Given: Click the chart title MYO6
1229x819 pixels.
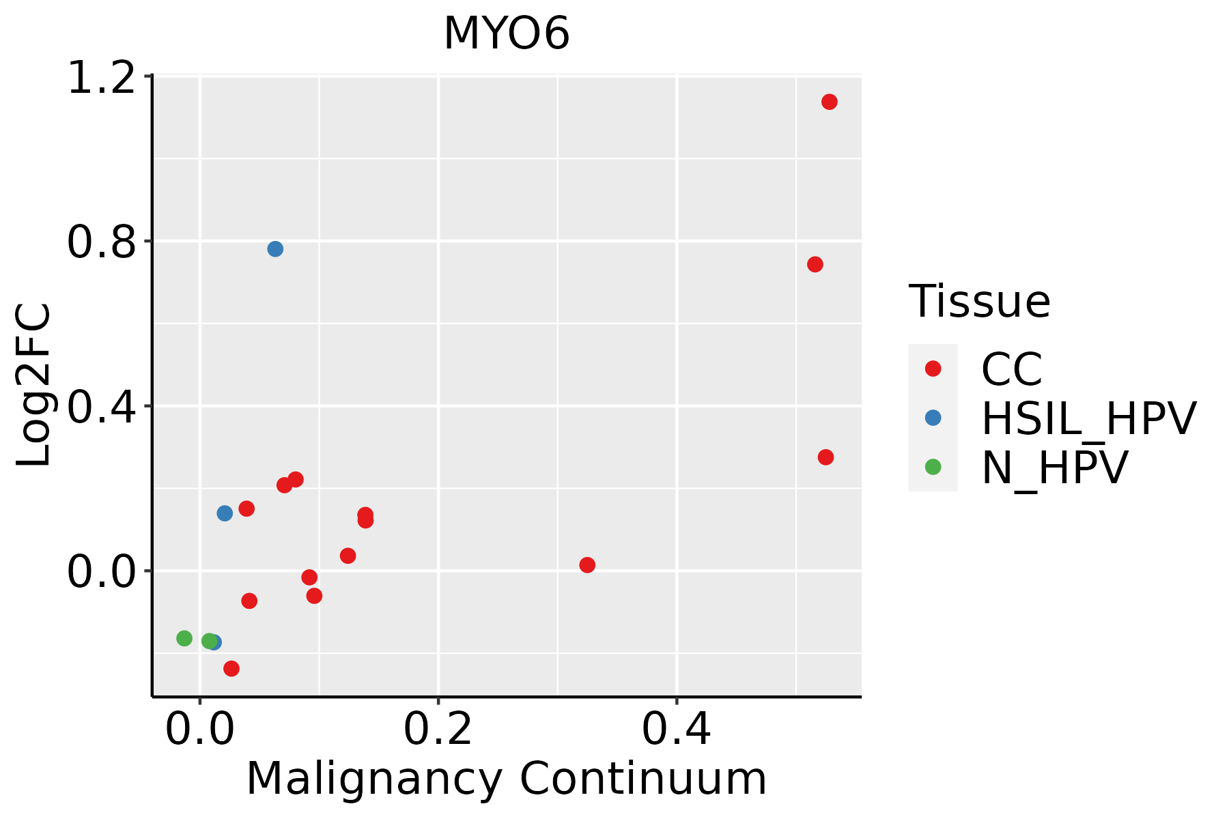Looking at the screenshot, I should (506, 34).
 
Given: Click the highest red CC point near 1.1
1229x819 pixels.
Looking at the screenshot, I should (830, 102).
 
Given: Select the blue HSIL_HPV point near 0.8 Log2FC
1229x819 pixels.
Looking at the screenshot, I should (275, 249).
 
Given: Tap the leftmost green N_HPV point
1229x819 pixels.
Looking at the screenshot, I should (184, 638).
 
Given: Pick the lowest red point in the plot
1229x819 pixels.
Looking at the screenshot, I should (231, 668).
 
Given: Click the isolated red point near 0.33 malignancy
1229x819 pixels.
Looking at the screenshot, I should (587, 565).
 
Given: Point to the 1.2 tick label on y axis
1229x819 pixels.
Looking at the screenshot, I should (101, 78).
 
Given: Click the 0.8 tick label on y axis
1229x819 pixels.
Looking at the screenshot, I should (101, 242).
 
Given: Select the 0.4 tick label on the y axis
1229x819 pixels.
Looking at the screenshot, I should (101, 407).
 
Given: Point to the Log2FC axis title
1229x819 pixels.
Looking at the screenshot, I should (34, 386).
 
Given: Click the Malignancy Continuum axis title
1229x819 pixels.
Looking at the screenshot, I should (506, 779).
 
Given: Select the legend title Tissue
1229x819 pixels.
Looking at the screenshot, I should (980, 301).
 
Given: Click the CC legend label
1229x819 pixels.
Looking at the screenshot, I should (1012, 369).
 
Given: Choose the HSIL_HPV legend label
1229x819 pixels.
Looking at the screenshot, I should (1088, 418).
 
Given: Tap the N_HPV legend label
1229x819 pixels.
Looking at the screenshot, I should (1054, 468).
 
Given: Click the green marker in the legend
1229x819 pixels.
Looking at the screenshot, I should (933, 467).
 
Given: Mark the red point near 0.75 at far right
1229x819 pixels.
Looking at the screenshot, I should (815, 264).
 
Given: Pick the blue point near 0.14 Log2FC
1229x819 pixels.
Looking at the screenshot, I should (225, 513).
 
